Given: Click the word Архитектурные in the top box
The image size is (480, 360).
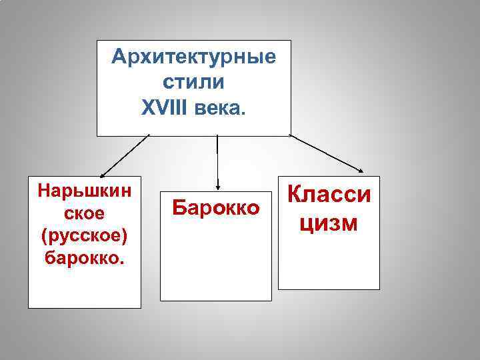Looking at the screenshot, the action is click(193, 57).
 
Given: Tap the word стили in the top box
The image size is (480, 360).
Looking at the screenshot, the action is click(193, 82).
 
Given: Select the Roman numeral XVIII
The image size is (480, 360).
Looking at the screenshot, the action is click(166, 107).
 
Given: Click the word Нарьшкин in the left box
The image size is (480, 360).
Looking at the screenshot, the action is click(84, 191).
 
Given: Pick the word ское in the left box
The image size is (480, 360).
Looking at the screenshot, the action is click(84, 213).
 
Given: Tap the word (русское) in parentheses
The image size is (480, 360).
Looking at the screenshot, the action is click(84, 235).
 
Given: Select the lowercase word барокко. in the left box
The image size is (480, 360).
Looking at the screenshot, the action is click(84, 257).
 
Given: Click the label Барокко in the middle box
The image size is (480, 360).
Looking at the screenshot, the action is click(216, 207).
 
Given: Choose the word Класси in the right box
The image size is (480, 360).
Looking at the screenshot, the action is click(329, 195).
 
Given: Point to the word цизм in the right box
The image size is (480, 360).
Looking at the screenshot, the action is click(329, 223).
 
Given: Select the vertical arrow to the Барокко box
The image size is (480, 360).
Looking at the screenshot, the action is click(217, 160).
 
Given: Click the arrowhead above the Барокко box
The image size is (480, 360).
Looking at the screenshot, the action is click(217, 185).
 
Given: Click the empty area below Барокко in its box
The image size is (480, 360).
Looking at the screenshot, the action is click(216, 267).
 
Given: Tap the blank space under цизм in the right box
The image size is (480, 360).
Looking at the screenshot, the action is click(329, 263).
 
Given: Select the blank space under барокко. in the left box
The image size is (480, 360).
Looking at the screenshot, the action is click(84, 287).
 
